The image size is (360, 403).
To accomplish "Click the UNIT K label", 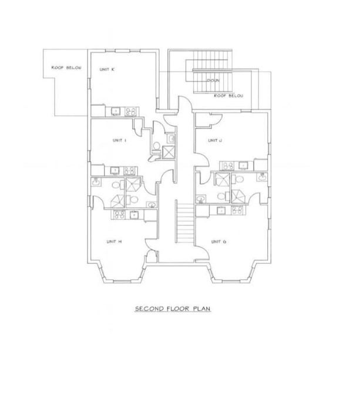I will coord(107,69).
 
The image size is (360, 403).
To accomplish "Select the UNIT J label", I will coord(214,140).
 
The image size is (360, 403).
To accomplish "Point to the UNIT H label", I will coord(114,241).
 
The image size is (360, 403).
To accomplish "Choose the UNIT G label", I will coord(218,241).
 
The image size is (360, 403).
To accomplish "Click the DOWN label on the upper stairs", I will coord(213,81).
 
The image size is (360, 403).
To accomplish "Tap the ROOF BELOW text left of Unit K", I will coord(66,68).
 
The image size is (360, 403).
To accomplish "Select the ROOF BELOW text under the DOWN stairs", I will coord(228,95).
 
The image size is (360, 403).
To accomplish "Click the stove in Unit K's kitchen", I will coord(132,110).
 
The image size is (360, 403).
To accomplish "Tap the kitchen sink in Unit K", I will coord(115,110).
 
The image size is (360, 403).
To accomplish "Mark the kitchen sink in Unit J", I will coord(245,166).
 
